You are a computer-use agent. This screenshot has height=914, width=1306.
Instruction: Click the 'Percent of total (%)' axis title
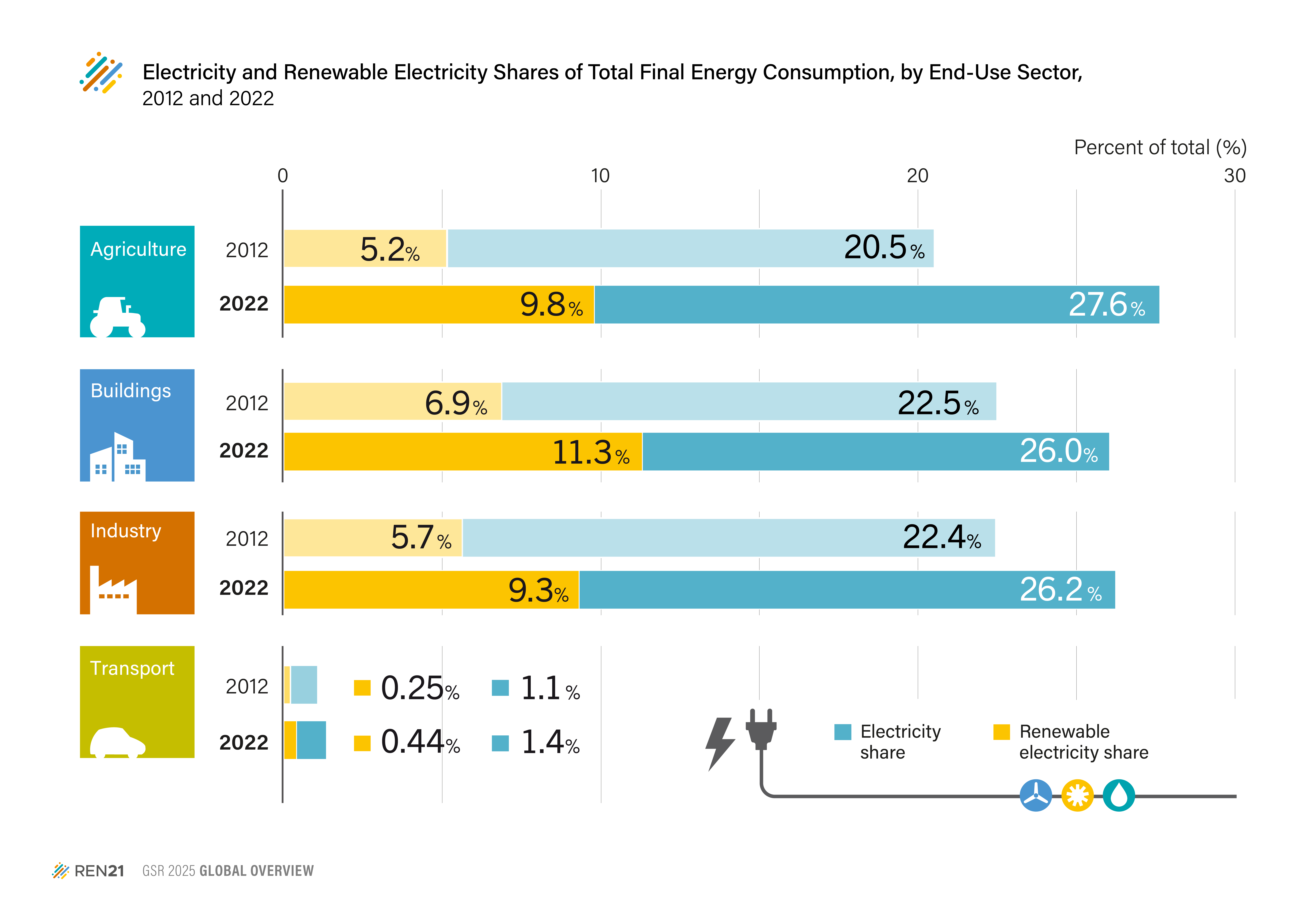tap(1160, 147)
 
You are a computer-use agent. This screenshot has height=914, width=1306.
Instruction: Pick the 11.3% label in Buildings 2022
tap(590, 453)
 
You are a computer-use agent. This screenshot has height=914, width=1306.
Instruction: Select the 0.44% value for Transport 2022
tap(420, 742)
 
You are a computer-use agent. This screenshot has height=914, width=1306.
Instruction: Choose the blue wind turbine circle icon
tap(1036, 795)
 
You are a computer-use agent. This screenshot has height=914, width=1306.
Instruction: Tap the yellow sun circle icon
tap(1077, 795)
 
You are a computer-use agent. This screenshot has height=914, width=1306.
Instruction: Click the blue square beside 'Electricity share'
tap(842, 732)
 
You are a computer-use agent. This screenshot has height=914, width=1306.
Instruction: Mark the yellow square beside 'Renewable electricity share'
tap(1001, 732)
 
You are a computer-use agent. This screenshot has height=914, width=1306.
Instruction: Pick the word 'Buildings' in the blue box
tap(131, 391)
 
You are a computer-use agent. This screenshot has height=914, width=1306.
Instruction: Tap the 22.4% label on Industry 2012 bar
tap(941, 537)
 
